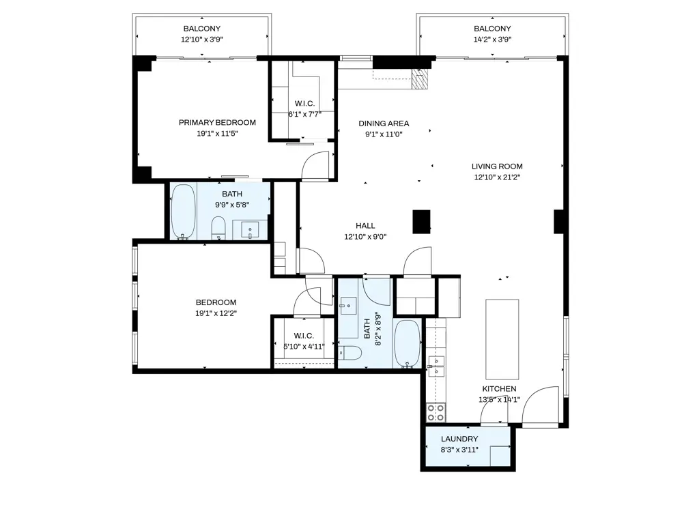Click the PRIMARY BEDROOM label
pyautogui.click(x=217, y=123)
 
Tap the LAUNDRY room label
pyautogui.click(x=459, y=439)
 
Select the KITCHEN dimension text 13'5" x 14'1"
pyautogui.click(x=499, y=400)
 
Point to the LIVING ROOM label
pyautogui.click(x=497, y=167)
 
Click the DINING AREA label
pyautogui.click(x=384, y=124)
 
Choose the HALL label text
pyautogui.click(x=365, y=226)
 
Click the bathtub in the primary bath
pyautogui.click(x=183, y=212)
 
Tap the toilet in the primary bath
pyautogui.click(x=218, y=227)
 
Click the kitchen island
pyautogui.click(x=502, y=338)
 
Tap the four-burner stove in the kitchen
pyautogui.click(x=436, y=412)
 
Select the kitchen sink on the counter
pyautogui.click(x=435, y=366)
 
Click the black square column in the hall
pyautogui.click(x=422, y=222)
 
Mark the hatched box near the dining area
pyautogui.click(x=421, y=79)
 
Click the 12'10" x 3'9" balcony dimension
pyautogui.click(x=202, y=40)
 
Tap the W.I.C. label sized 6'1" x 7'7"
pyautogui.click(x=304, y=114)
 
